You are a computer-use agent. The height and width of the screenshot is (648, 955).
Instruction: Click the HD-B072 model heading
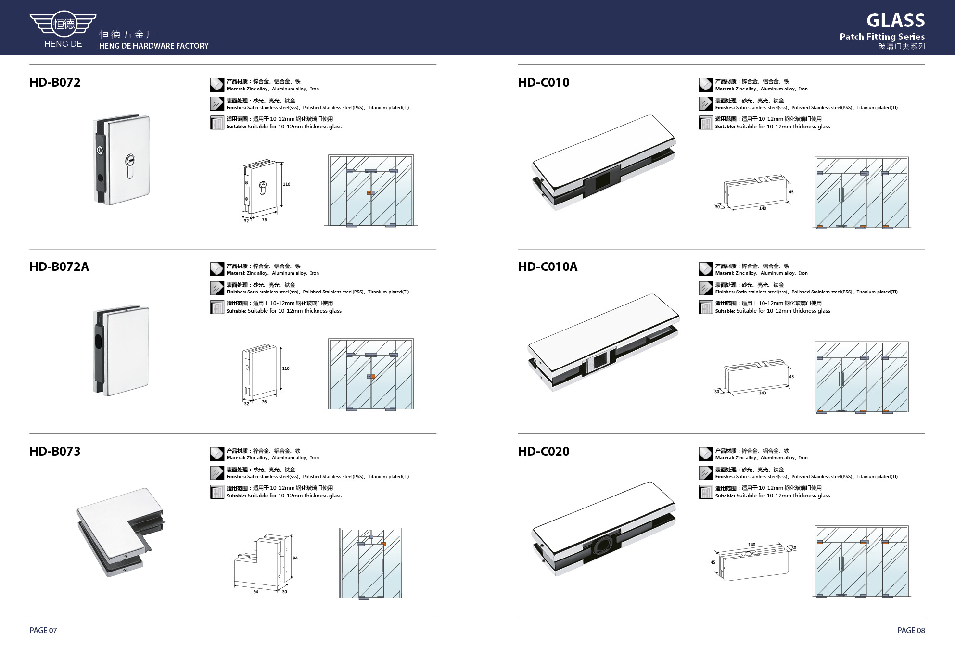click(x=55, y=82)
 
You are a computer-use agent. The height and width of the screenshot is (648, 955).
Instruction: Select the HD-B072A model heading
click(x=59, y=267)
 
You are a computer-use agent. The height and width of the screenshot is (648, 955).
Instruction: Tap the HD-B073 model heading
click(x=55, y=451)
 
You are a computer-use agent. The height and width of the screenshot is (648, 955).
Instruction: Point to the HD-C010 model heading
click(x=544, y=82)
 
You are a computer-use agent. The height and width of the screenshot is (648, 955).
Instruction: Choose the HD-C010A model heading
click(x=548, y=267)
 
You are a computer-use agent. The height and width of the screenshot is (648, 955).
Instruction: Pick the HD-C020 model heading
click(x=544, y=451)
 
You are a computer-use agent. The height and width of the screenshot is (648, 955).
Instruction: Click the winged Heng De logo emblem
click(x=63, y=23)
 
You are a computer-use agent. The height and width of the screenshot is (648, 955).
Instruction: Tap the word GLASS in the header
click(x=895, y=21)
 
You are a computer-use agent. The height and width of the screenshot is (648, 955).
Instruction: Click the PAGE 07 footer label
click(x=43, y=630)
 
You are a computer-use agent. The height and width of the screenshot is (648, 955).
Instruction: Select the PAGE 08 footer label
click(x=911, y=630)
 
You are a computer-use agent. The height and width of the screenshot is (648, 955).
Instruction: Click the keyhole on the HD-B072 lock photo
click(x=130, y=166)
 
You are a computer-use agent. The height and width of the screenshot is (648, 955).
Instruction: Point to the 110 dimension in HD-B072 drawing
click(x=286, y=184)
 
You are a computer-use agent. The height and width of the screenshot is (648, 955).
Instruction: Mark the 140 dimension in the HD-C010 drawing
click(x=763, y=208)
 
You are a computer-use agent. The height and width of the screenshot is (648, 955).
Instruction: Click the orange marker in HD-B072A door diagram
click(x=372, y=376)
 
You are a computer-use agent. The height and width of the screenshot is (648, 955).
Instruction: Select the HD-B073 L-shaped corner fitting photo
click(x=120, y=532)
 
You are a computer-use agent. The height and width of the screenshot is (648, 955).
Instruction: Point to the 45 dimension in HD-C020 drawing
click(x=713, y=562)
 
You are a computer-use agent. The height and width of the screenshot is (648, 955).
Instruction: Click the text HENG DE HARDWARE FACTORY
click(x=154, y=46)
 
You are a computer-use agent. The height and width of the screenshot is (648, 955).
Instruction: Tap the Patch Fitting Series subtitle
click(x=882, y=37)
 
